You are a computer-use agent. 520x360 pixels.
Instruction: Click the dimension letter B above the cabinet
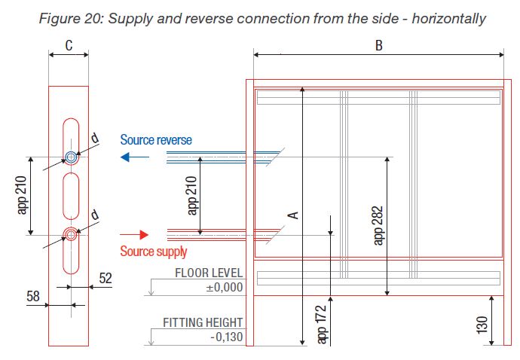(379, 46)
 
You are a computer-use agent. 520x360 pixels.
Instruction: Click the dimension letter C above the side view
(68, 46)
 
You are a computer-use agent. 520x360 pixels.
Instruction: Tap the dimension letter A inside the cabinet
(295, 215)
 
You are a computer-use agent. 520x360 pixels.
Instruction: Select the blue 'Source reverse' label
(156, 140)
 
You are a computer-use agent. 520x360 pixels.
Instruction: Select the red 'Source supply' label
(154, 252)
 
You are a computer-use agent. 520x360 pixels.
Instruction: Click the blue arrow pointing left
(135, 157)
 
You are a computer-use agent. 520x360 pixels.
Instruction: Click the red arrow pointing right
(135, 234)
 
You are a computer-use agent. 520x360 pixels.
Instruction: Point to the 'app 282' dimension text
(379, 224)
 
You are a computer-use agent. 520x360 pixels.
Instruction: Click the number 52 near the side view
(105, 278)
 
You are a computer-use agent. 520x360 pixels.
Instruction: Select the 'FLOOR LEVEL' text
(209, 273)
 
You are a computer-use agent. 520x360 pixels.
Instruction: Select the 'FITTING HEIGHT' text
(203, 322)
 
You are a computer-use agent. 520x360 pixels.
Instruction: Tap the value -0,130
(225, 337)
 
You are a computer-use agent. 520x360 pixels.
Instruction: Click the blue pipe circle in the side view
(71, 157)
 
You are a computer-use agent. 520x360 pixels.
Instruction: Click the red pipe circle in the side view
(71, 234)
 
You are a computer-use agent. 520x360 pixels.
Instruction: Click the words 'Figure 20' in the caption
(75, 17)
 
